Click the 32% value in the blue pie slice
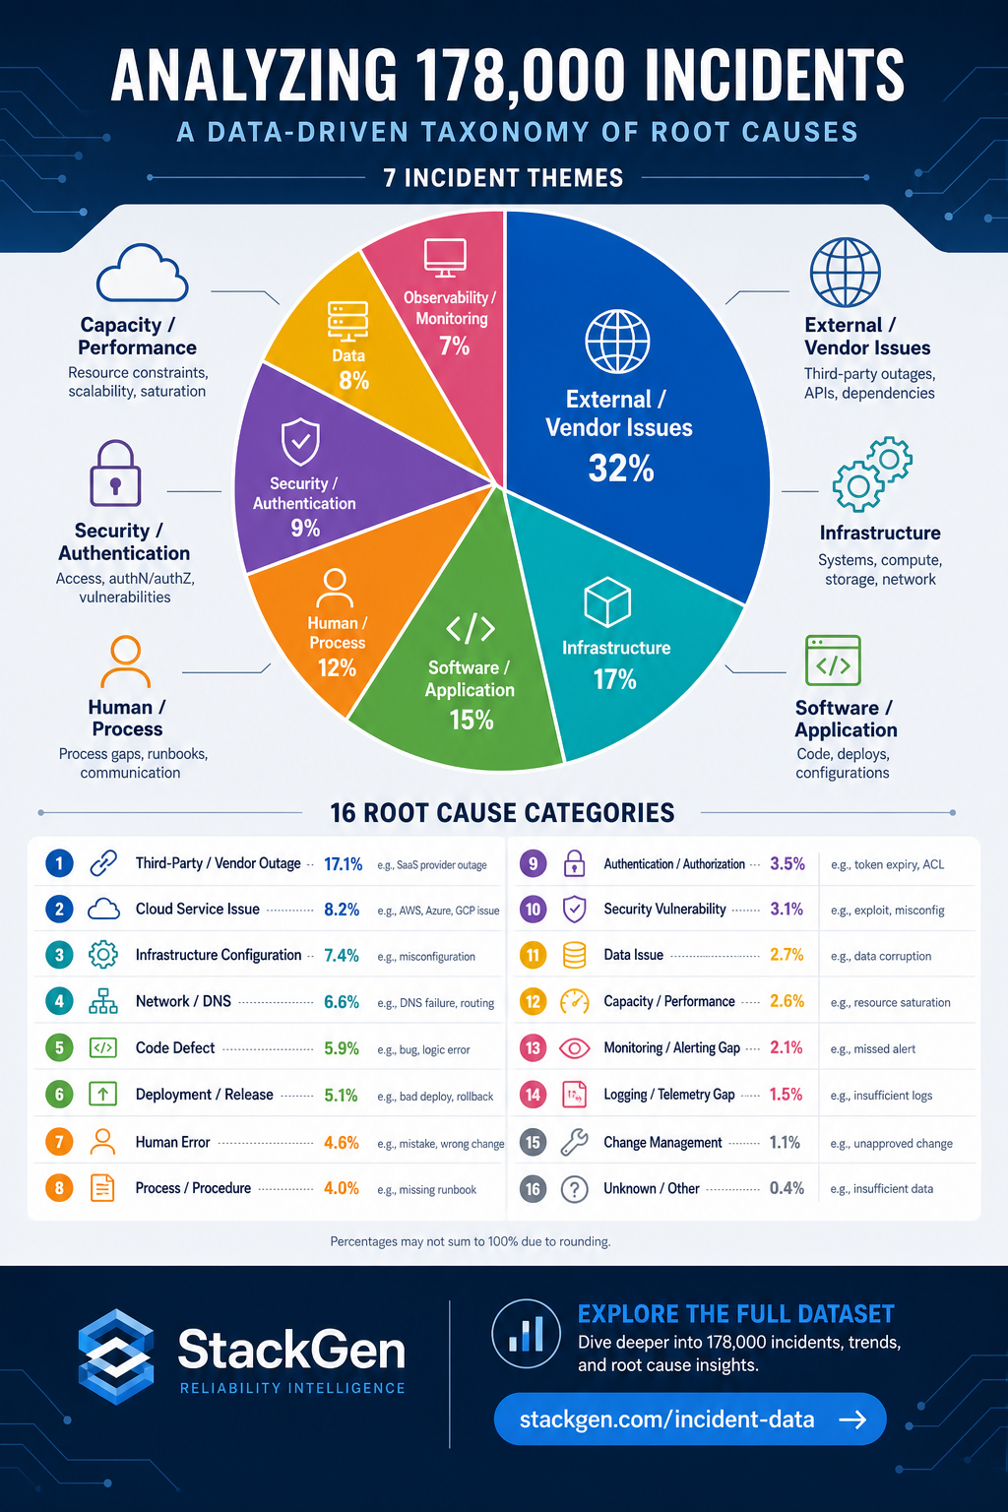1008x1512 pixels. tap(621, 468)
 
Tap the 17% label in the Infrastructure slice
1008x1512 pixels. tap(614, 679)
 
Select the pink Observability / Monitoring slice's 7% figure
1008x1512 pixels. tap(455, 346)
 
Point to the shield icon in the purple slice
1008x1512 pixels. tap(300, 441)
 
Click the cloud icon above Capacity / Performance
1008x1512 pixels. tap(142, 273)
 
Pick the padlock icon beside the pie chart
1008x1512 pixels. tap(115, 473)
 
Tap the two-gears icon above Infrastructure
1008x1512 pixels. tap(872, 473)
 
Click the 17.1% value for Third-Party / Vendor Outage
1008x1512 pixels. tap(343, 864)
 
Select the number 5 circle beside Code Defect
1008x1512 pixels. tap(59, 1047)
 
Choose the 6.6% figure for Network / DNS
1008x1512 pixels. tap(342, 1002)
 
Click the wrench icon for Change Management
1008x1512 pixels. tap(575, 1142)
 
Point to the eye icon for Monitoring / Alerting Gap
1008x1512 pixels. tap(575, 1048)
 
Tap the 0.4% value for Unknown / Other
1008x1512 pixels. tap(787, 1189)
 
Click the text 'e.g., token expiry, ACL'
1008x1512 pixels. tap(887, 864)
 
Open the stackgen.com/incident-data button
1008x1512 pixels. tap(690, 1419)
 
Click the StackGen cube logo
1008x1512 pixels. tap(116, 1356)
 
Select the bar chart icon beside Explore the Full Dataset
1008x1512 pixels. tap(526, 1334)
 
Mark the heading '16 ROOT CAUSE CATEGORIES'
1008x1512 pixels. tap(502, 813)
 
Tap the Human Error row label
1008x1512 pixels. tap(173, 1142)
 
